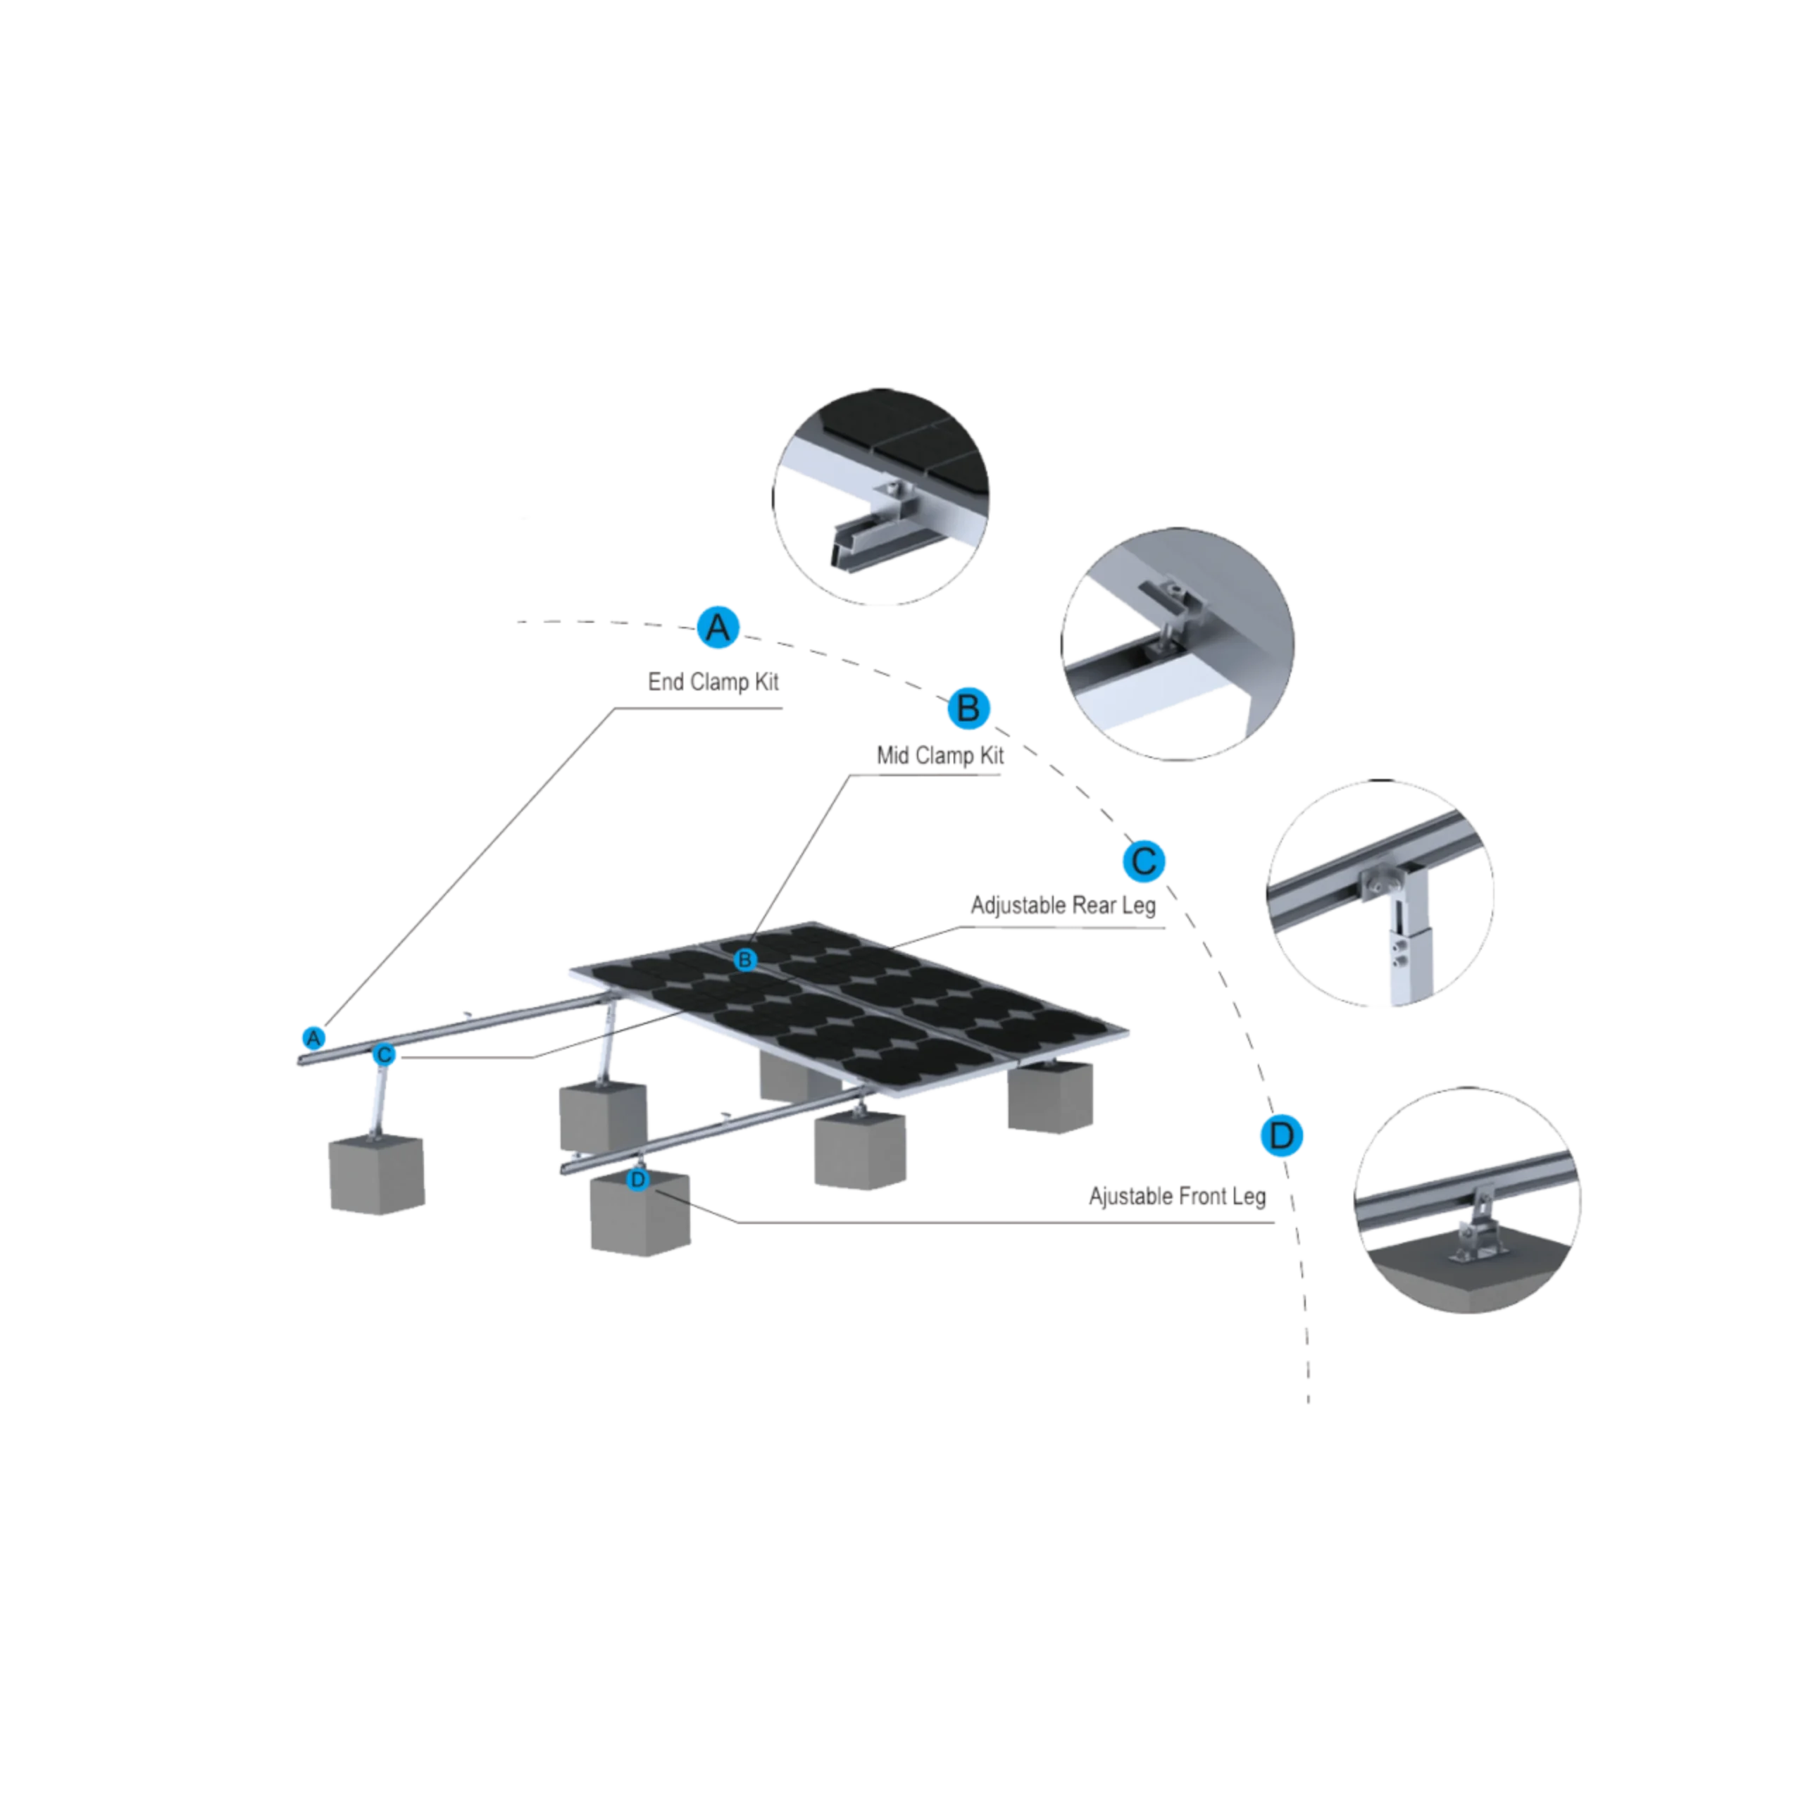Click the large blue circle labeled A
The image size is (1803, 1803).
[x=718, y=627]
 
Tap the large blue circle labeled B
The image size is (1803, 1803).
[x=968, y=709]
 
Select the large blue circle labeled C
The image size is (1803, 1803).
[x=1144, y=861]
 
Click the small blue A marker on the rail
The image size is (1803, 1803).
[x=313, y=1037]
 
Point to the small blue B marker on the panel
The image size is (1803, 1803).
[x=744, y=959]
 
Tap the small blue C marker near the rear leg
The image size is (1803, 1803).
[x=384, y=1054]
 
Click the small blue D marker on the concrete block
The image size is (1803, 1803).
[x=637, y=1180]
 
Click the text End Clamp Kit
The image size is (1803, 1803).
[x=713, y=682]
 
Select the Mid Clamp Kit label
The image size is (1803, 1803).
[x=940, y=756]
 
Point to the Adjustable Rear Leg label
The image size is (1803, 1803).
[x=1063, y=905]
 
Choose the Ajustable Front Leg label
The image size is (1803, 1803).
[x=1177, y=1197]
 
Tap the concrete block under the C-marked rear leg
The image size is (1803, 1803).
[x=377, y=1174]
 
